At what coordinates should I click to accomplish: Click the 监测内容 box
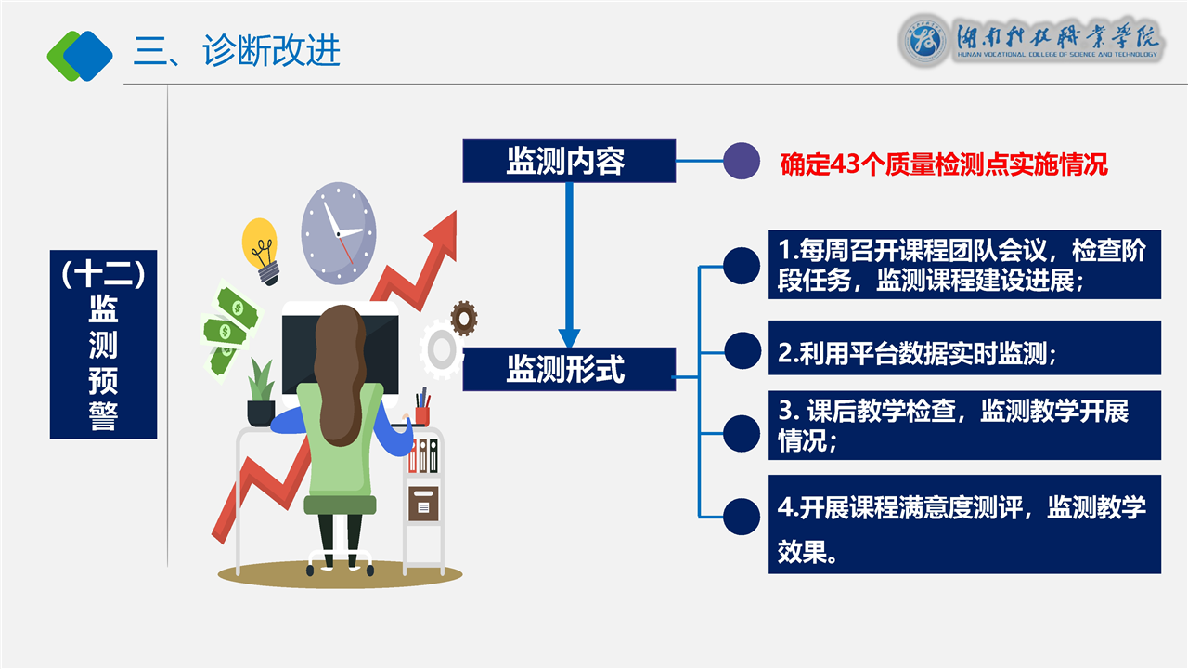coord(569,161)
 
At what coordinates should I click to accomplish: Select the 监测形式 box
coord(569,370)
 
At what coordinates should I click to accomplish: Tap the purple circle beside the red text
coord(742,161)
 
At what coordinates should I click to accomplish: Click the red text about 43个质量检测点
coord(944,164)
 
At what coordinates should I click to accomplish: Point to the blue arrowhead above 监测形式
coord(569,338)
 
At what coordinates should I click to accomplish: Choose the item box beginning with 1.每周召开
coord(964,265)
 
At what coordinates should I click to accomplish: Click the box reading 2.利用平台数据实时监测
coord(964,348)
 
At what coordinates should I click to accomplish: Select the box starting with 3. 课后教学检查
coord(964,426)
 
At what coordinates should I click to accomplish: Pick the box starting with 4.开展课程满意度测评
coord(964,525)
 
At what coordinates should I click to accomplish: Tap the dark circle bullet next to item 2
coord(742,350)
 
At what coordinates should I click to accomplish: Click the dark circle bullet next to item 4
coord(742,517)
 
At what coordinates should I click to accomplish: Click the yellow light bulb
coord(261,251)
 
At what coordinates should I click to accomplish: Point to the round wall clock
coord(339,233)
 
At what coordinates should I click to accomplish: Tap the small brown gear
coord(463,318)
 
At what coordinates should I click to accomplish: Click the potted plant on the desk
coord(261,393)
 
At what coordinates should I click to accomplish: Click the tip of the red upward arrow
coord(456,211)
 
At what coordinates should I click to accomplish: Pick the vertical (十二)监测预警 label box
coord(103,345)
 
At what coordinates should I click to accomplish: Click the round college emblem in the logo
coord(924,41)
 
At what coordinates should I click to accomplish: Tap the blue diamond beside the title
coord(88,56)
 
